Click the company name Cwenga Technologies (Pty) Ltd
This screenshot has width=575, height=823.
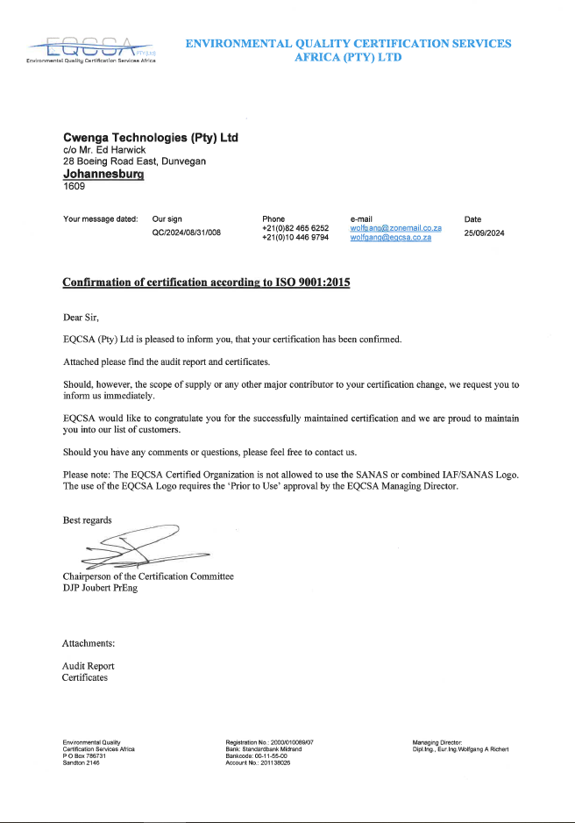click(151, 138)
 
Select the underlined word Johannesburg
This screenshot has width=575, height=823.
click(103, 174)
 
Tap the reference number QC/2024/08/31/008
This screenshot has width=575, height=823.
click(186, 233)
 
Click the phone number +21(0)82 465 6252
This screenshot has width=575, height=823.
click(295, 228)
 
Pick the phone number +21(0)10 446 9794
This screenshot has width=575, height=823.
click(295, 238)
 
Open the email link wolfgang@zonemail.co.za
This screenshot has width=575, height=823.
click(394, 228)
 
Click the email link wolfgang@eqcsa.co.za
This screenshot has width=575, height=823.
click(390, 238)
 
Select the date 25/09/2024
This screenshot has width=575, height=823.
click(484, 233)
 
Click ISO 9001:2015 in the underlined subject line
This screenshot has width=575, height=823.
click(308, 283)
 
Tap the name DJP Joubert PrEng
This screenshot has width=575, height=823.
click(100, 588)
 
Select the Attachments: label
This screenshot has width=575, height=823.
click(89, 644)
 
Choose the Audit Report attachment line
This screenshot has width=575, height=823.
click(88, 666)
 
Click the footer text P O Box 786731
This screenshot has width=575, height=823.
click(84, 755)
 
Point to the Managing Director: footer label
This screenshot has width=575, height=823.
click(436, 742)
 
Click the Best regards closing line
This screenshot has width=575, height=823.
click(88, 520)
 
